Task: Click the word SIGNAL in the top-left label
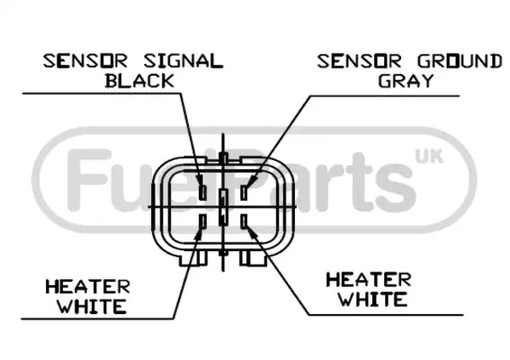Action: coord(183,61)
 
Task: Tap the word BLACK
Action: coord(139,81)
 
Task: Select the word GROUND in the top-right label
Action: coord(460,61)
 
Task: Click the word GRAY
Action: coord(407,80)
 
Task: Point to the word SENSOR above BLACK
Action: coord(85,61)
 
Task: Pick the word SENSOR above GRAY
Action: coord(360,61)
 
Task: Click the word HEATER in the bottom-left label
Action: coord(87,287)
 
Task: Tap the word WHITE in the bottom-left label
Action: coord(92,306)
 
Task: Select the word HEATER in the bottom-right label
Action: coord(369,280)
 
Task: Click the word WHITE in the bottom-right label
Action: coord(372,299)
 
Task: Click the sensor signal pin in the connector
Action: coord(202,192)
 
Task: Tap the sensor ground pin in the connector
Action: coord(244,192)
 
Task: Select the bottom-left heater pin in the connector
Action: coord(203,221)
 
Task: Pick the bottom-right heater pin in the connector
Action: coord(244,221)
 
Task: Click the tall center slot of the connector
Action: coord(223,207)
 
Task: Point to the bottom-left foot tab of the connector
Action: coord(192,258)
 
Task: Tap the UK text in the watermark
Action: coord(429,157)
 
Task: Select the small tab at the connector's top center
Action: coord(223,158)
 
